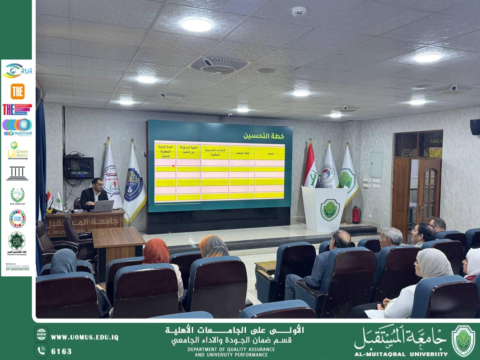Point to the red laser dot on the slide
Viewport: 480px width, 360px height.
click(x=173, y=166)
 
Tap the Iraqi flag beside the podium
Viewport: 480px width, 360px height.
click(x=311, y=169)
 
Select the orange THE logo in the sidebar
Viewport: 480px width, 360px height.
click(x=18, y=91)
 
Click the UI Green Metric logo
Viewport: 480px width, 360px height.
click(x=17, y=150)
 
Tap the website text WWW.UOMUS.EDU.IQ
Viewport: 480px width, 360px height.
click(x=85, y=337)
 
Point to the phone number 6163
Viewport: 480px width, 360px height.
click(x=61, y=351)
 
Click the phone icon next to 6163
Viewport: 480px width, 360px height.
click(x=41, y=351)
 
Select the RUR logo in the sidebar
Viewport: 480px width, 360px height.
click(x=17, y=70)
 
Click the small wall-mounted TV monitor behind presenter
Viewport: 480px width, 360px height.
click(x=79, y=167)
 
